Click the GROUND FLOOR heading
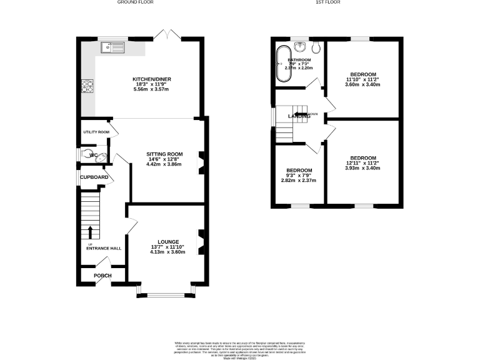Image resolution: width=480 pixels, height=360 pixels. tap(136, 2)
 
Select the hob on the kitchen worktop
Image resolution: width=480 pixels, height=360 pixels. tap(87, 86)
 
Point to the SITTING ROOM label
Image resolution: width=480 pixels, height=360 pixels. tap(164, 154)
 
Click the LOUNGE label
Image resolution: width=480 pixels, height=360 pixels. tap(169, 242)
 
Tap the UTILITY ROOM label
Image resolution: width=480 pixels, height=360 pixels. tap(97, 132)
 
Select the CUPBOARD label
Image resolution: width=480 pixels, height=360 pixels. tap(94, 177)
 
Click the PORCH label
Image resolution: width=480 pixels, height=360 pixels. tap(102, 276)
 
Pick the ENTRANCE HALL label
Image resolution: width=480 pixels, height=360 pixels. tap(104, 248)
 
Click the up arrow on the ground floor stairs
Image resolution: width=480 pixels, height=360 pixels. tap(91, 232)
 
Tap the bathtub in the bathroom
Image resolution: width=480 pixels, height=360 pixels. tap(282, 64)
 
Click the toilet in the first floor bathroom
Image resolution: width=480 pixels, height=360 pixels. tap(317, 47)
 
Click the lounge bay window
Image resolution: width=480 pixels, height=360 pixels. tap(166, 292)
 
